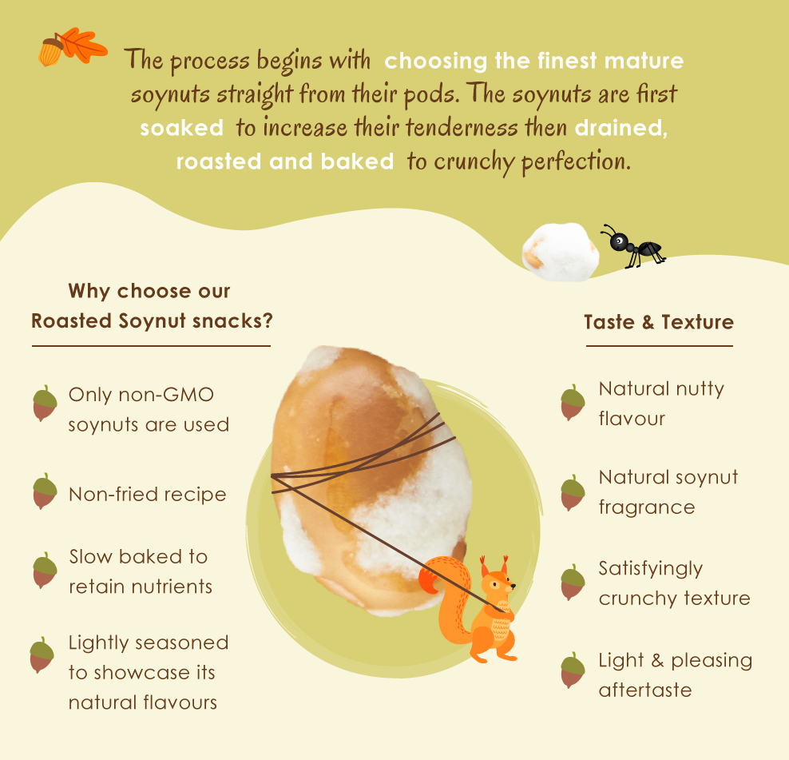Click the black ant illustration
point(633,246)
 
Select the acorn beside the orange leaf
point(50,52)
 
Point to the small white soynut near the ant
point(561,252)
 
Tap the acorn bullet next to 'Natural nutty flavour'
point(573,403)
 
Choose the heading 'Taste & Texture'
point(659,322)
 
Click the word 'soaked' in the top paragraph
point(181,128)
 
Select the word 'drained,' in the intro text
point(621,128)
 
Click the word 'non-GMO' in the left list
point(166,394)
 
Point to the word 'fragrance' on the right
point(647,507)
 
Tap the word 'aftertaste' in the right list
point(645,690)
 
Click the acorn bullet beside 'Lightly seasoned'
point(42,655)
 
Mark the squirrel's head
point(498,579)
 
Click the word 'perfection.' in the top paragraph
point(576,162)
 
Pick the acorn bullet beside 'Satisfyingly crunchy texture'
point(573,582)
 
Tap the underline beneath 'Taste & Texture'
point(659,346)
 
